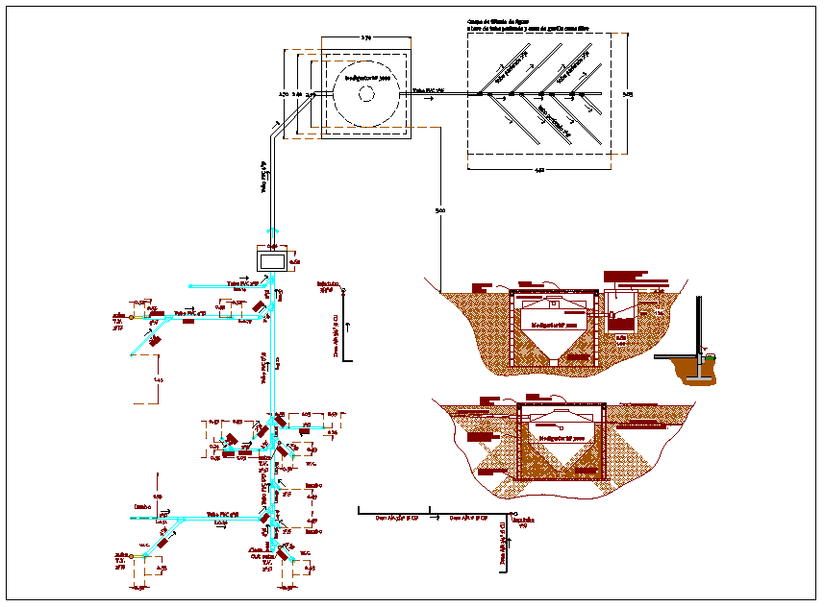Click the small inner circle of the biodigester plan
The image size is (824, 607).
click(x=365, y=93)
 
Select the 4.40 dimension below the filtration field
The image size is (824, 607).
click(x=539, y=170)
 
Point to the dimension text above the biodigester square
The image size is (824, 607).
click(x=365, y=36)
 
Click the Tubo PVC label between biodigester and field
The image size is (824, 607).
click(x=428, y=90)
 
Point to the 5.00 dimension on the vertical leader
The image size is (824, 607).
click(x=439, y=210)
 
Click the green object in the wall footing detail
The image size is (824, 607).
click(x=710, y=359)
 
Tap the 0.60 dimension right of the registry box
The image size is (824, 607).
click(x=295, y=261)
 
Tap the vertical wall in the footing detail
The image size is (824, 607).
click(x=698, y=327)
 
